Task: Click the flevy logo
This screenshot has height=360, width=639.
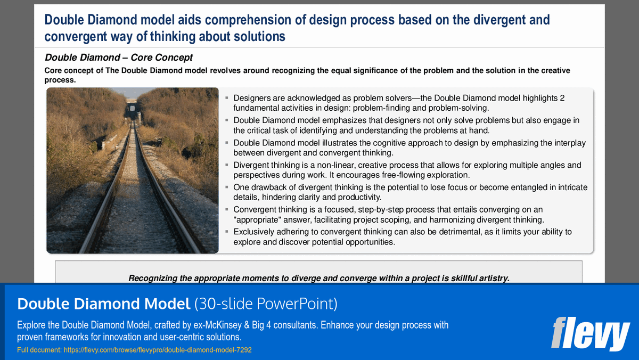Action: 590,333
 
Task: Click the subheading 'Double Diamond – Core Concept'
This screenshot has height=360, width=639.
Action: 119,58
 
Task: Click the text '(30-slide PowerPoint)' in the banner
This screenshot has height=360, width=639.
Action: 266,304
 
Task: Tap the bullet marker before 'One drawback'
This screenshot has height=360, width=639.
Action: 227,187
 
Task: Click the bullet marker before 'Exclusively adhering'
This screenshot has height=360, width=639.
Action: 227,232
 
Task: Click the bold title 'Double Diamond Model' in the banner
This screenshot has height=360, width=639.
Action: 103,304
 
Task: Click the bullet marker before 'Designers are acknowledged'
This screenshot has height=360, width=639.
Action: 227,98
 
